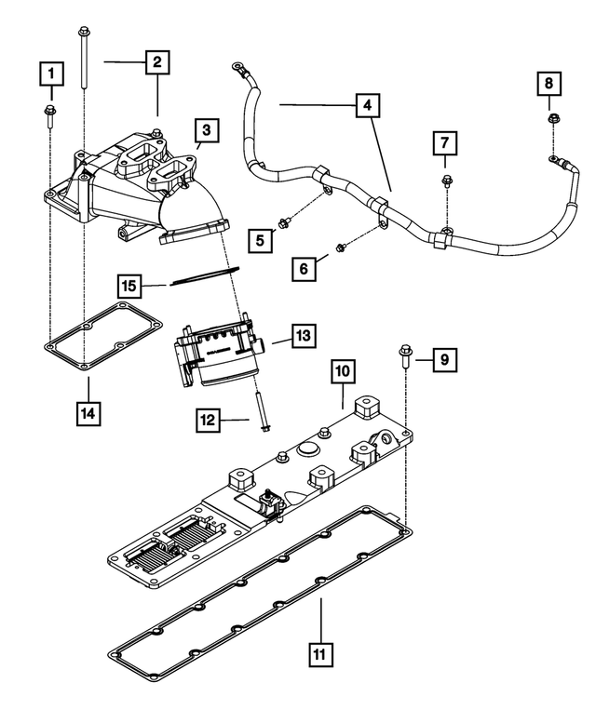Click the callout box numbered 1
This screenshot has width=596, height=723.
click(51, 72)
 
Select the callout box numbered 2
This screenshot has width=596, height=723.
click(157, 62)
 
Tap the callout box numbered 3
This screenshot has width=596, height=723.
click(206, 130)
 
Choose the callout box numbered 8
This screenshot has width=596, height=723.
click(549, 85)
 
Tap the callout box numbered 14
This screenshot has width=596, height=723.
click(87, 409)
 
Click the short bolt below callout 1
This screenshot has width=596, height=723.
click(50, 115)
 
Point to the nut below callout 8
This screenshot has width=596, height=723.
click(552, 118)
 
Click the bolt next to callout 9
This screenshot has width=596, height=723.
click(406, 356)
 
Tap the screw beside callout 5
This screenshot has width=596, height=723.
click(287, 220)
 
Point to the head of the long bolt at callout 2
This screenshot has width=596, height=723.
click(84, 33)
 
